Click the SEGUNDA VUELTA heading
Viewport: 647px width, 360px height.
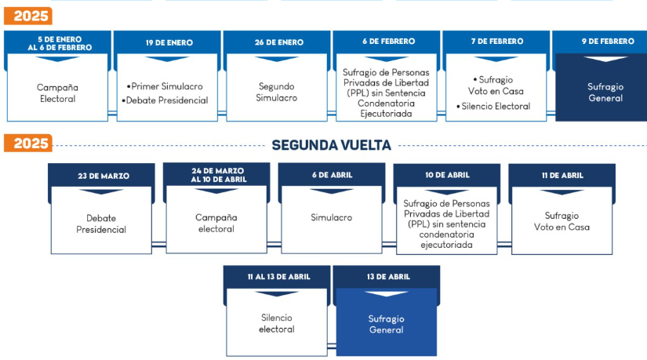(331, 145)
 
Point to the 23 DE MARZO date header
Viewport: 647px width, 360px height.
(104, 176)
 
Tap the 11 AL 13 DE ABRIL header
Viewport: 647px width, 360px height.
(277, 277)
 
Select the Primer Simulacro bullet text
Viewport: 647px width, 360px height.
(167, 85)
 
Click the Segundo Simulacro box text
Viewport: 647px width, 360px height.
(276, 92)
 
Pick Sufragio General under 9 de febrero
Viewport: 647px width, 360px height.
(605, 92)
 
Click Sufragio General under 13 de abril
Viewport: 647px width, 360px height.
(386, 324)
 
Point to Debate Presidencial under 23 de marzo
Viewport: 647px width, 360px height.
(101, 224)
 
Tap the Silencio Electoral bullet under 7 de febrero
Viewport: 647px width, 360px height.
(497, 106)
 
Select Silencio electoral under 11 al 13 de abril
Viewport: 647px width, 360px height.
(277, 323)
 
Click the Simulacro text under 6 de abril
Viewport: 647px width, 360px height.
(331, 217)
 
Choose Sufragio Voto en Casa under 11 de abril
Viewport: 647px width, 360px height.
(562, 221)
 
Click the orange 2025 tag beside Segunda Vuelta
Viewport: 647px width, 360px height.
(27, 144)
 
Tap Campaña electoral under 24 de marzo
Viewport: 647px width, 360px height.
(216, 223)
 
